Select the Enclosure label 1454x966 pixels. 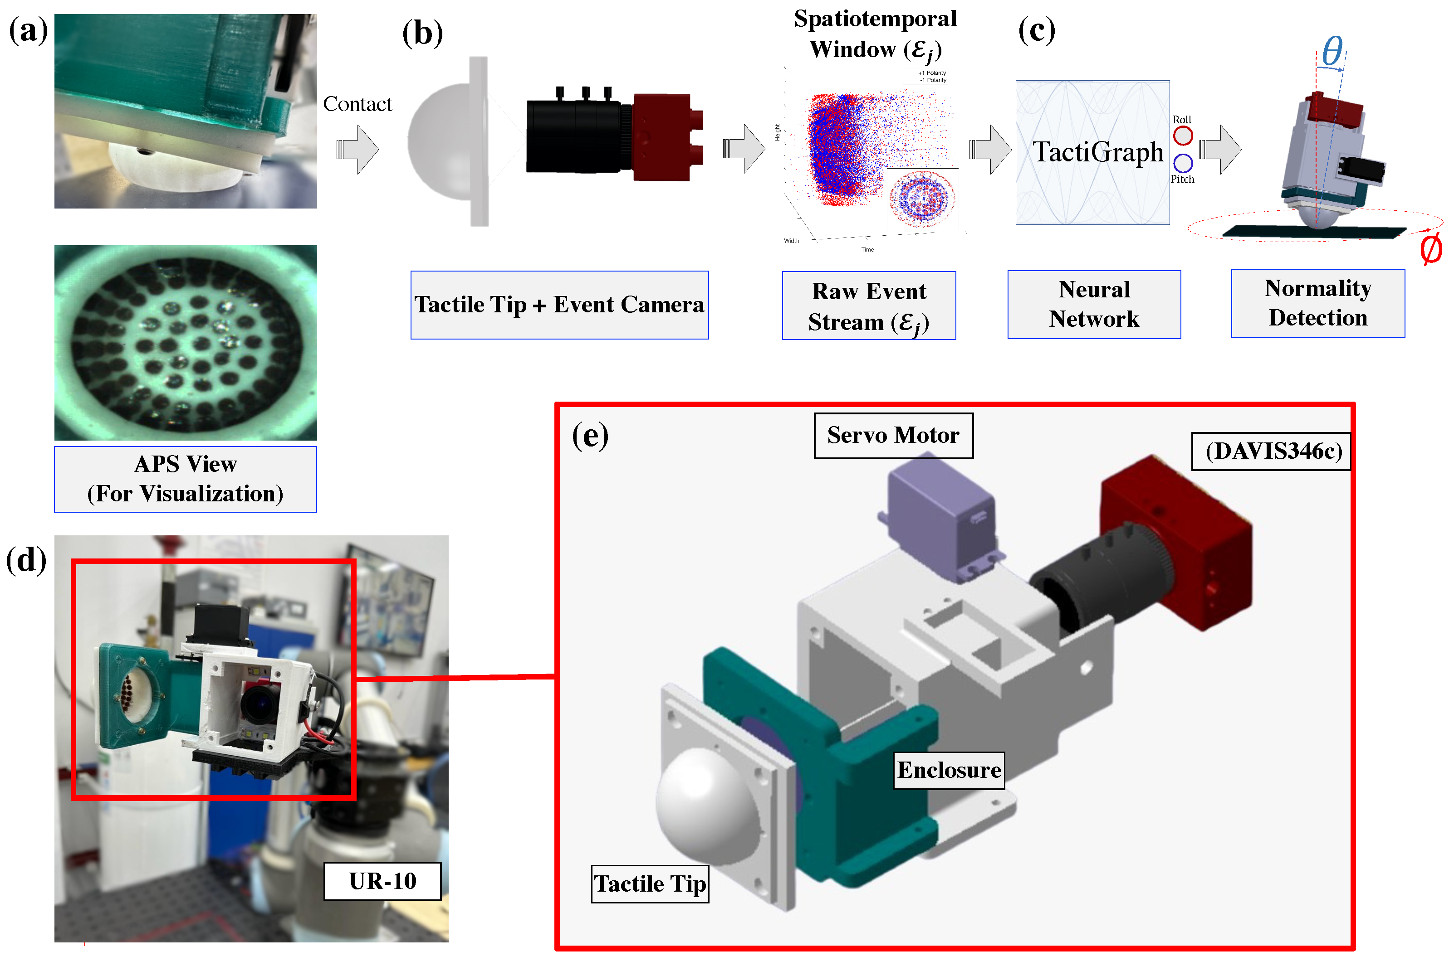point(949,770)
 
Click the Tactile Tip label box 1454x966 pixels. point(650,883)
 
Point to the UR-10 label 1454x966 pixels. point(382,881)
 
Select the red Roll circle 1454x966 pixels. point(1182,136)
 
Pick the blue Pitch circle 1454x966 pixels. point(1182,163)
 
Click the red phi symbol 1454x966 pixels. point(1430,249)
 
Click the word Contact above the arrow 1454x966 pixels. point(357,104)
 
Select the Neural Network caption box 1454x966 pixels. point(1094,304)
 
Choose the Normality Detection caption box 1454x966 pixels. point(1318,303)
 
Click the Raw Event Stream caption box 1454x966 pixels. point(868,306)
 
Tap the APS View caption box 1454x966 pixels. point(185,479)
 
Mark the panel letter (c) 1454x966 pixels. point(1036,31)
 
